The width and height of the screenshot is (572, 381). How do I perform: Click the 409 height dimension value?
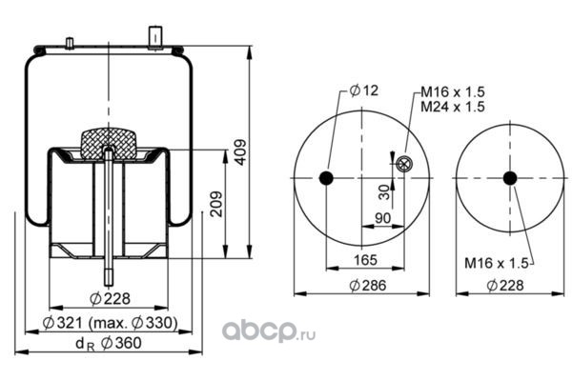point(240,152)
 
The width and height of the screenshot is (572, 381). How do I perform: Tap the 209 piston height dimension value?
point(216,204)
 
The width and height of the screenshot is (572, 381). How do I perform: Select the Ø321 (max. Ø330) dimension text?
point(111,323)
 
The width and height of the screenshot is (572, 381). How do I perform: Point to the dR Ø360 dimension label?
point(109,343)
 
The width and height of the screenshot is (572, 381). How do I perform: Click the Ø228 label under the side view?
point(110,298)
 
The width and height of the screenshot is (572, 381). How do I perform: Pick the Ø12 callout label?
point(364,90)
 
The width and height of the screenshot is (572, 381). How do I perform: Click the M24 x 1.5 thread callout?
point(453,107)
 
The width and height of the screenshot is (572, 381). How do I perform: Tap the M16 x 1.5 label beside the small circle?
point(497,263)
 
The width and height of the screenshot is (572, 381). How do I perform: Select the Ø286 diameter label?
point(368,286)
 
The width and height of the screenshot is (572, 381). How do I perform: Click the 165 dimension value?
point(365,260)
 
